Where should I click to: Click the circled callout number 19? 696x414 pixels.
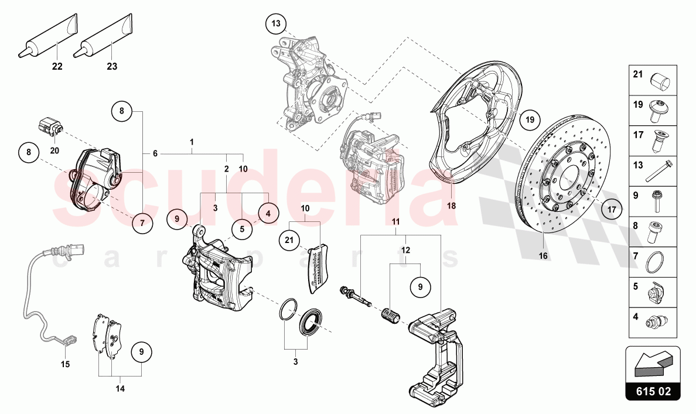pos(530,119)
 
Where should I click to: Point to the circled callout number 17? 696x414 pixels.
pos(611,208)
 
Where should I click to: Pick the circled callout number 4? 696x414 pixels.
pos(268,214)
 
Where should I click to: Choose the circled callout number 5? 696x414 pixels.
pos(243,230)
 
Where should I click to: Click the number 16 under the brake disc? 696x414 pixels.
pos(543,256)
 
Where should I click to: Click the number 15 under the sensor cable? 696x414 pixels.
pos(65,364)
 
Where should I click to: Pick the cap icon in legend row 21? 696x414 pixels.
pos(662,82)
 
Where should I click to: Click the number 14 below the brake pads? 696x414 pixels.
pos(120,388)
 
